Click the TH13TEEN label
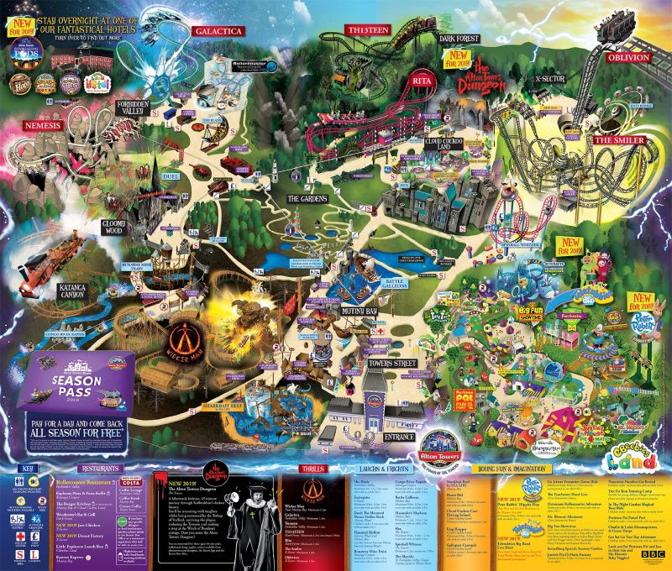click(370, 31)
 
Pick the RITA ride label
click(419, 79)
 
